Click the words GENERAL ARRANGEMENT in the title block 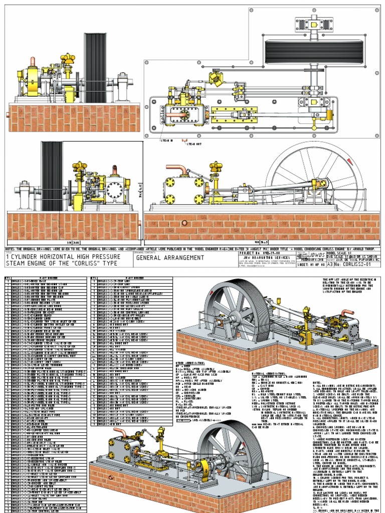[170, 258]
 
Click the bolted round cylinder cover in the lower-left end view [115, 190]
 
